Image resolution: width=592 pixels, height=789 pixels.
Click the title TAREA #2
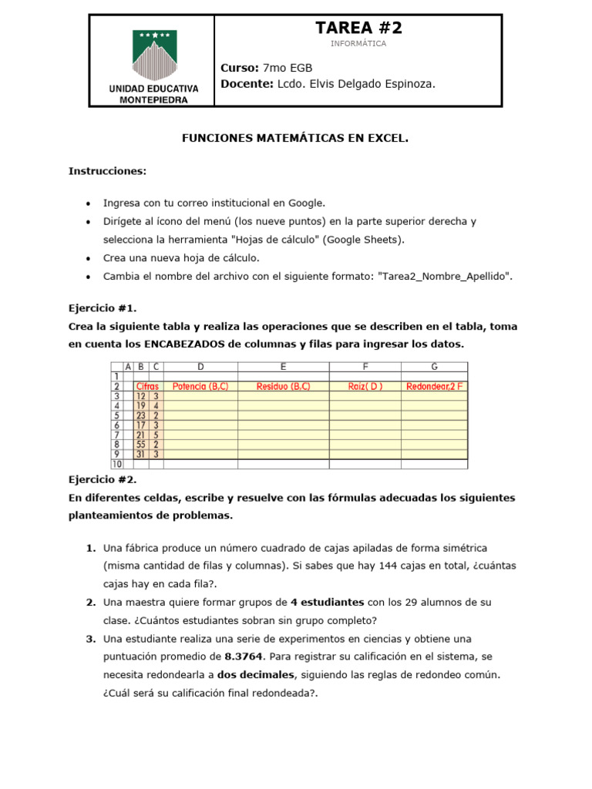click(358, 29)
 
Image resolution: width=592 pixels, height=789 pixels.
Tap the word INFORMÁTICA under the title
click(358, 44)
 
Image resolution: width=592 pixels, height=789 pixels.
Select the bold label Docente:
click(247, 84)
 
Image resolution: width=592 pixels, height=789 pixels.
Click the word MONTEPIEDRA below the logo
click(153, 99)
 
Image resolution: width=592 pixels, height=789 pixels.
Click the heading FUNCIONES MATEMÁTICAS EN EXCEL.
click(294, 139)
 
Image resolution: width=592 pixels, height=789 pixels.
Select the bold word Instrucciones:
click(107, 170)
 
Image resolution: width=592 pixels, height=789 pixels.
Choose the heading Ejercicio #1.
click(103, 307)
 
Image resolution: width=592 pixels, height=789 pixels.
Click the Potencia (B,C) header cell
click(200, 386)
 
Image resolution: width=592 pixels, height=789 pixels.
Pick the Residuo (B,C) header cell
click(283, 386)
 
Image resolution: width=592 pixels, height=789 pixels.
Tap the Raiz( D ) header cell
click(365, 386)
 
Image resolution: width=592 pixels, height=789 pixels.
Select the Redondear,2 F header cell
click(436, 386)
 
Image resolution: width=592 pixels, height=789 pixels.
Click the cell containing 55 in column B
click(141, 445)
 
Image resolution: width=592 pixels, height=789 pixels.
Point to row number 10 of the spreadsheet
click(117, 465)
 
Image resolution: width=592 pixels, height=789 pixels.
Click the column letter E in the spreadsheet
click(283, 366)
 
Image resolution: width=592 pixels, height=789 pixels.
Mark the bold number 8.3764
click(244, 656)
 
